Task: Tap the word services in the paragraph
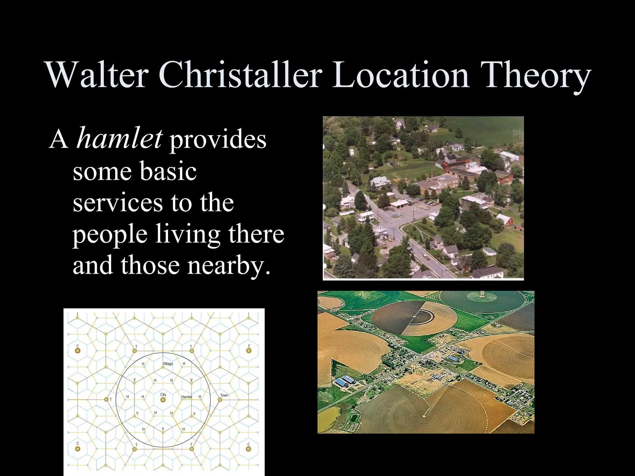point(118,203)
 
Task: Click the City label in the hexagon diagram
point(163,394)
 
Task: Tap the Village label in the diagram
point(168,364)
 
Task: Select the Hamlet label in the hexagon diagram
point(187,397)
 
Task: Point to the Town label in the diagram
point(224,395)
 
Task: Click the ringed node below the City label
point(163,400)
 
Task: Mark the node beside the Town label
point(220,400)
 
